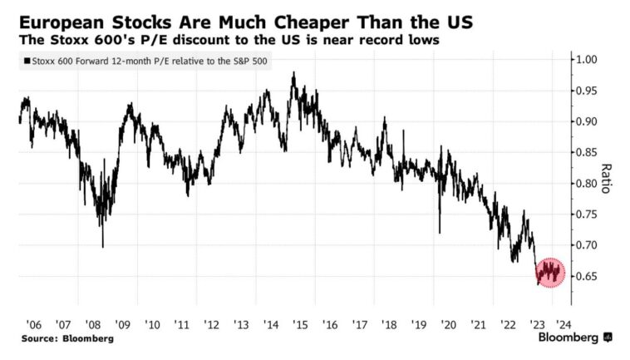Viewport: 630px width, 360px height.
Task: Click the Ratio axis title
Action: [x=606, y=178]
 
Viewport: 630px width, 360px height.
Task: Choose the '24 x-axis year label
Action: [x=563, y=324]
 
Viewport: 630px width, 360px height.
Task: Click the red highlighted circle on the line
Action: [x=549, y=271]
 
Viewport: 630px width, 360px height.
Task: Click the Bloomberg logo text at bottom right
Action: [x=568, y=338]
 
